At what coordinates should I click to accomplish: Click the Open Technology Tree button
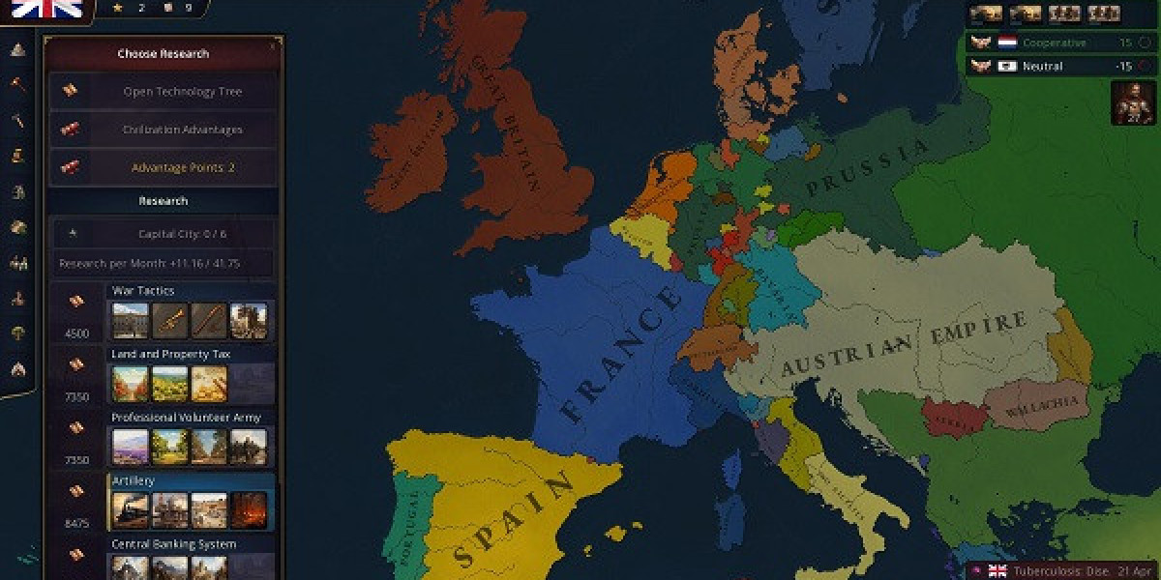[182, 92]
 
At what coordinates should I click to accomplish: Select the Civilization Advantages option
[182, 130]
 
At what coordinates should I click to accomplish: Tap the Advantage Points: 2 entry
[183, 167]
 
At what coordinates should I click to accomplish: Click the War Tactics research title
[143, 291]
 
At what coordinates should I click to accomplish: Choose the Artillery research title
[134, 480]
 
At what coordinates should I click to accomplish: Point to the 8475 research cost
[76, 523]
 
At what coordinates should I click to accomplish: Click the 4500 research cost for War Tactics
[76, 333]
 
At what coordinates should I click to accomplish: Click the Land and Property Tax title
[170, 355]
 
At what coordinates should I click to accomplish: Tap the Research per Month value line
[163, 263]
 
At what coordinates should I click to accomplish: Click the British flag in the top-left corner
[45, 10]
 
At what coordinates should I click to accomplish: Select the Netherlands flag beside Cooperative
[1007, 43]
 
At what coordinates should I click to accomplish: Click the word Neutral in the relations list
[1042, 67]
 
